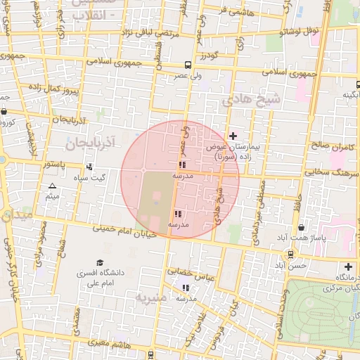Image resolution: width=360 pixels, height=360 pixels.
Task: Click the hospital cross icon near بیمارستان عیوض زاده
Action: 233,135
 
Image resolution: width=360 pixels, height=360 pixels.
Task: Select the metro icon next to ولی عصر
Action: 188,64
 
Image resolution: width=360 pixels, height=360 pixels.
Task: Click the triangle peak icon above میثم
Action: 51,186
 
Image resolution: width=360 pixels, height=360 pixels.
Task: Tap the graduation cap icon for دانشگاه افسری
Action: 100,262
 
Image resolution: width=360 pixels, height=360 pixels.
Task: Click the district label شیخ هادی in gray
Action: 250,99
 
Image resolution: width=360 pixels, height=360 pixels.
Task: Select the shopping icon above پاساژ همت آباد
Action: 302,227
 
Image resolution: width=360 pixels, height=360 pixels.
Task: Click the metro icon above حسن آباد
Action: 290,255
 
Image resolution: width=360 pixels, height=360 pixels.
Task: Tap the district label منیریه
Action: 153,297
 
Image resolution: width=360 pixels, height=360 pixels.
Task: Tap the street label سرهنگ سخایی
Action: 331,171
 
